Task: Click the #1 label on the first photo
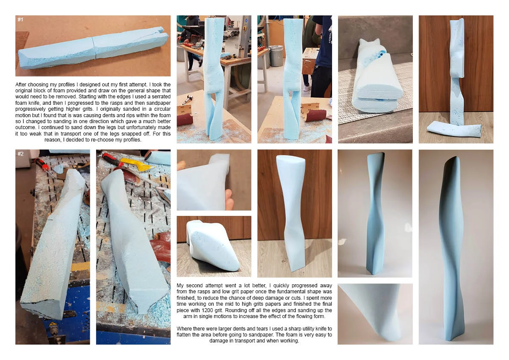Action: [21, 20]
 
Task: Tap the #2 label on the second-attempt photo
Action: [21, 153]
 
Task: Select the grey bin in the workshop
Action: [276, 56]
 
